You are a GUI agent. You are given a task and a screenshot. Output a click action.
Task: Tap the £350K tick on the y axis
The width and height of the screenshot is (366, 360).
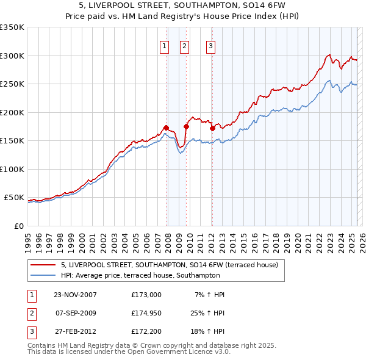pos(12,27)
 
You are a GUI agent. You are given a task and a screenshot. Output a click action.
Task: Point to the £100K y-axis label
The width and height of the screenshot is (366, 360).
pos(12,169)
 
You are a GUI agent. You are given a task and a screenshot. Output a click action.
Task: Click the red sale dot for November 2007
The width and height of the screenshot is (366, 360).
pos(166,128)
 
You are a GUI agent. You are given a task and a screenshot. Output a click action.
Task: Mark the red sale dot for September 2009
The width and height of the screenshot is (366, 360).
pos(186,127)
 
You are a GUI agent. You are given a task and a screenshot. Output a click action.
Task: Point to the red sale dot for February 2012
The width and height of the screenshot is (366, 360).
pos(212,129)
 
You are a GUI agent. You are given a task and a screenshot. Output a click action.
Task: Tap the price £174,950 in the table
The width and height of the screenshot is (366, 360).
pos(146,314)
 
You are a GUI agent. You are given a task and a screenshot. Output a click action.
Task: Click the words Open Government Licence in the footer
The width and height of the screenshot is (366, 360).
pos(184,351)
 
